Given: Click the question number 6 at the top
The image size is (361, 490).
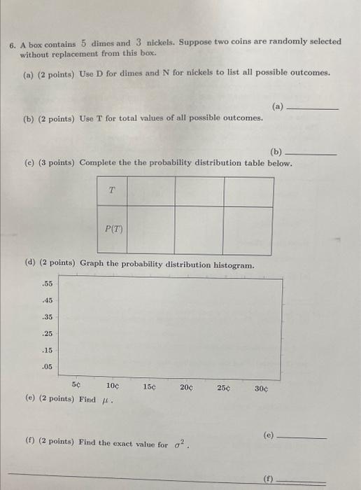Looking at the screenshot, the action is [x=13, y=43].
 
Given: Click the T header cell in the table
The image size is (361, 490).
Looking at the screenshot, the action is [x=112, y=190].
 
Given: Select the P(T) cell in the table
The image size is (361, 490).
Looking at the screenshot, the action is [x=113, y=228].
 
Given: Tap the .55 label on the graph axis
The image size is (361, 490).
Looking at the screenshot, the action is [x=48, y=284].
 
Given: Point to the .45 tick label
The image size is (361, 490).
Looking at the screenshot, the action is [x=48, y=301].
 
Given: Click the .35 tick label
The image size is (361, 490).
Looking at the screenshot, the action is [x=48, y=317].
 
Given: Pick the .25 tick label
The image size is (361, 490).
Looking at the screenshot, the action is [x=48, y=334].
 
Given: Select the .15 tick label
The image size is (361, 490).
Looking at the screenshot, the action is [x=48, y=350].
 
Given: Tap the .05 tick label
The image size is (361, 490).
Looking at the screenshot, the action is [x=48, y=367].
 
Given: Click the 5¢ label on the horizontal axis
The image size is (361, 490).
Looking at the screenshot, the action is [x=77, y=385].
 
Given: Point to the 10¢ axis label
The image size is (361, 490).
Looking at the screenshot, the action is [x=113, y=386].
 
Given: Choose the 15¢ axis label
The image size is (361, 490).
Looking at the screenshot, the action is [x=150, y=386].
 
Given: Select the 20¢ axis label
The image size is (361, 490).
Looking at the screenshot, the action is [x=187, y=386].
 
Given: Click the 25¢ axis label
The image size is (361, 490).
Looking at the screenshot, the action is [x=224, y=386].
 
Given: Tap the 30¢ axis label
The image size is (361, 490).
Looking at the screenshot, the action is [x=261, y=386].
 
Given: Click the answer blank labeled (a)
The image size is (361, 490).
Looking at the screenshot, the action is [x=313, y=109].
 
